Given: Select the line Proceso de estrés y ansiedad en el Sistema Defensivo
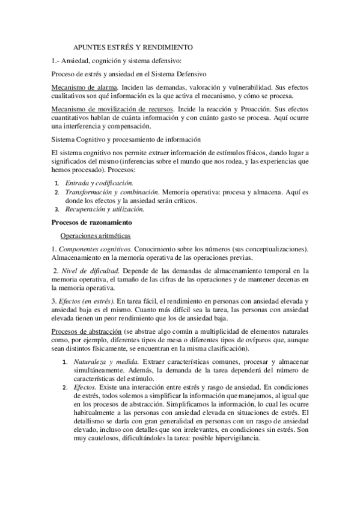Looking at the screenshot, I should point(129,73).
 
